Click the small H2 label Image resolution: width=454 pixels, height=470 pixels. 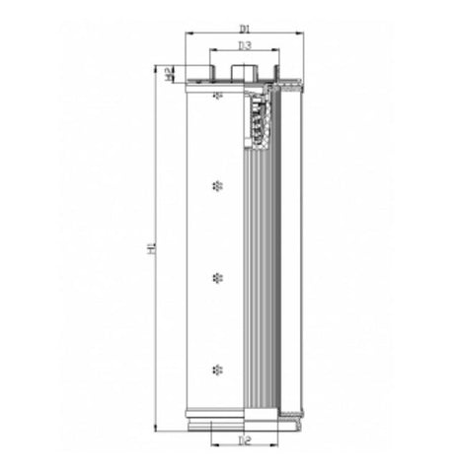(x=170, y=72)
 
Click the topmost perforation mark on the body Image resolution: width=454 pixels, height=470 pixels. (x=217, y=95)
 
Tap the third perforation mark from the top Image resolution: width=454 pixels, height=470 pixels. (x=217, y=279)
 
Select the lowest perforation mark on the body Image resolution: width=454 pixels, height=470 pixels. (x=217, y=369)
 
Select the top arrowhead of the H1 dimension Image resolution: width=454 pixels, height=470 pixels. (x=160, y=67)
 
